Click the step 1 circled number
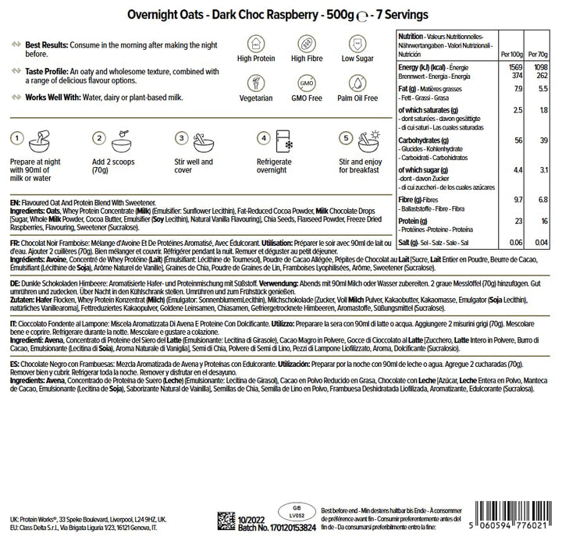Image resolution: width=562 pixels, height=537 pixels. click(x=15, y=139)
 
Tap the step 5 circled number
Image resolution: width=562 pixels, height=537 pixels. click(x=346, y=139)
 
